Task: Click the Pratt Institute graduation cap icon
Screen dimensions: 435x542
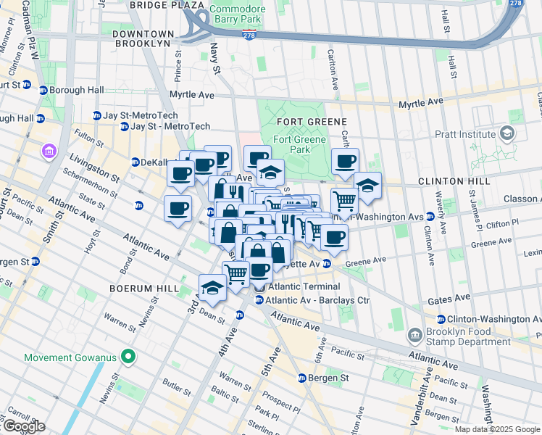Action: [506, 134]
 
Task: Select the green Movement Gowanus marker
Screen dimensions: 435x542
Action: [128, 356]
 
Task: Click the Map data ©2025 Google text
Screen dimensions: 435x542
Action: [497, 429]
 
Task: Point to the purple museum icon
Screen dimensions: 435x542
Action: [49, 152]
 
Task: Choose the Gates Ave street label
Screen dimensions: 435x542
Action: [449, 298]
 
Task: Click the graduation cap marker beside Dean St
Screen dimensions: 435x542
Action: [212, 288]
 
